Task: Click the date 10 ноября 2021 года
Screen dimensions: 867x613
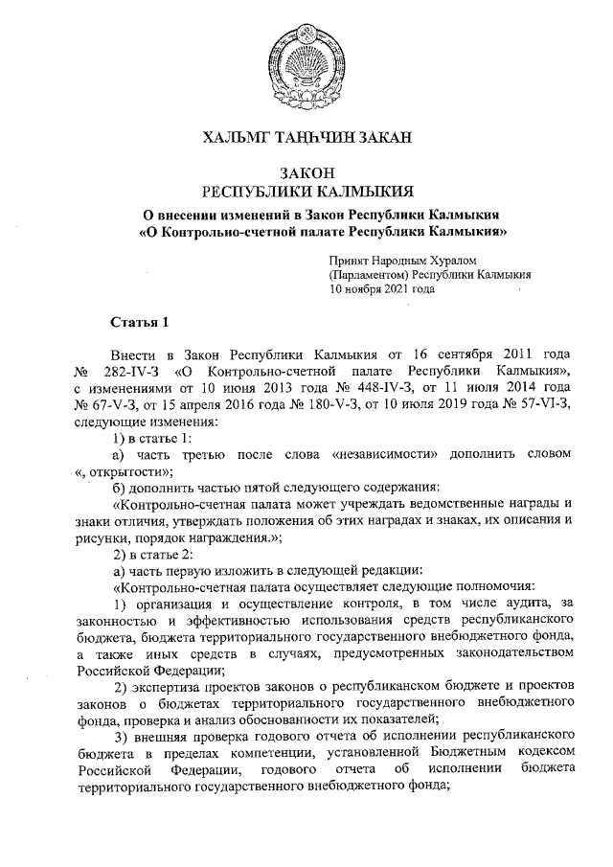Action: (382, 287)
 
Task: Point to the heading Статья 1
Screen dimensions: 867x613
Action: (141, 320)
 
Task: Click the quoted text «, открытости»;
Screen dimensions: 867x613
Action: (125, 470)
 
